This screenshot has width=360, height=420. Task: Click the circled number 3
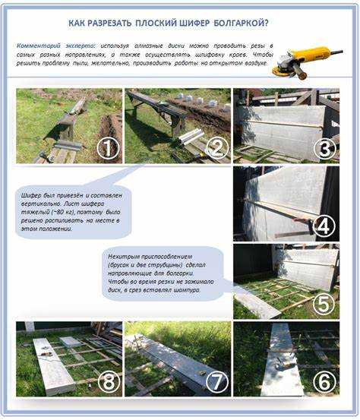coord(325,149)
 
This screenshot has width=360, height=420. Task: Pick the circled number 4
coord(325,226)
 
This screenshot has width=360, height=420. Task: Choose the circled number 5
coord(325,304)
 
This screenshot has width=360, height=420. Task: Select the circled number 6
coord(325,381)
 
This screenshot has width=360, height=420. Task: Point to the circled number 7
coord(216,381)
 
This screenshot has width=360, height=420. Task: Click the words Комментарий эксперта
coord(46,46)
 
